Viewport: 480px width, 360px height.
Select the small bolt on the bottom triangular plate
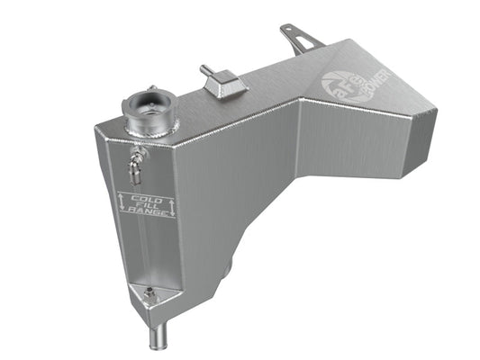point(149,293)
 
